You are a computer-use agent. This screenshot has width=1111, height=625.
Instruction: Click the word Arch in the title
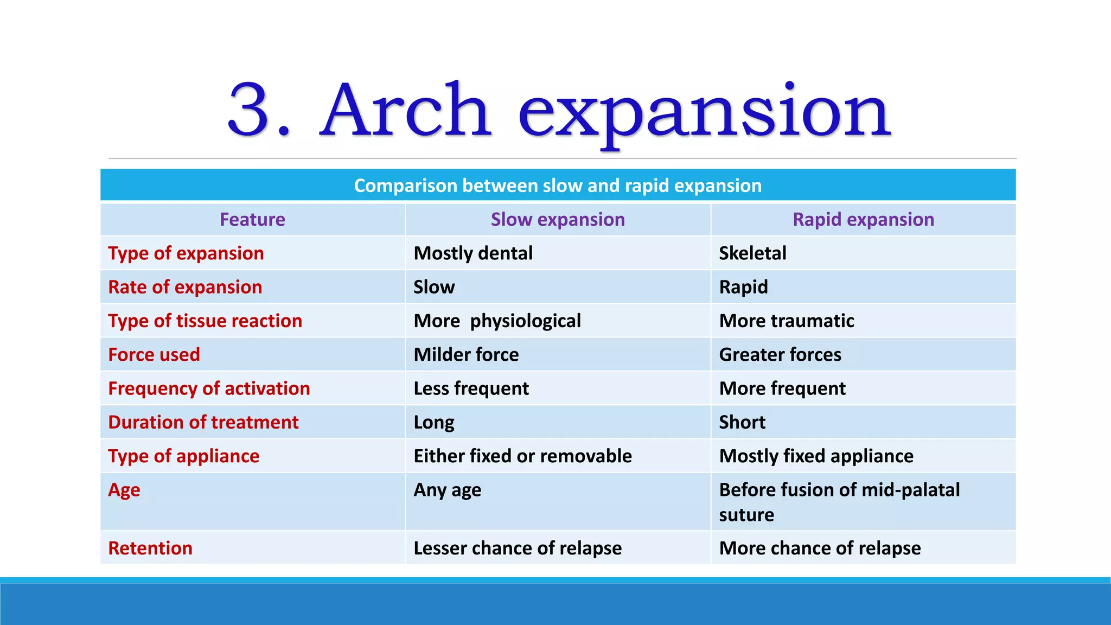(406, 110)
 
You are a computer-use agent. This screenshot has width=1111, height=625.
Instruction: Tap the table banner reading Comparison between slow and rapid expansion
(558, 186)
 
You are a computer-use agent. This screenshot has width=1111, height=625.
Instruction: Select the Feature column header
(252, 220)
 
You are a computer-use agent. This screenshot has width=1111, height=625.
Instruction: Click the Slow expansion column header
(558, 220)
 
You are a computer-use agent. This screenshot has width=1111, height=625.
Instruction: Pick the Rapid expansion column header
(863, 220)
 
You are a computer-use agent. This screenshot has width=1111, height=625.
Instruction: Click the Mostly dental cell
(473, 253)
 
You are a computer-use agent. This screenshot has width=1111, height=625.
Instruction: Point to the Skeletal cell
(752, 253)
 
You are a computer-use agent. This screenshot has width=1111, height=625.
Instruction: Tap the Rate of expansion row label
(185, 287)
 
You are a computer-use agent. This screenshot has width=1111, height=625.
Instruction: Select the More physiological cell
(497, 321)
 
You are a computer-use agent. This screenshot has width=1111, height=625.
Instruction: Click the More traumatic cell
(787, 321)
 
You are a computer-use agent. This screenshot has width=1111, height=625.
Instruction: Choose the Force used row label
(154, 355)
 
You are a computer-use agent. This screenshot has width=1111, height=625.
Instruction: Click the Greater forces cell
(780, 355)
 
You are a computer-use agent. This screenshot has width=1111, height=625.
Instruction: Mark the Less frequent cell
(471, 388)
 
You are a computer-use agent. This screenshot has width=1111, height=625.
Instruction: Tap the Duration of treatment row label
(203, 422)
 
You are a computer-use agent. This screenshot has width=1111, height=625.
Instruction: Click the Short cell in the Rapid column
(742, 422)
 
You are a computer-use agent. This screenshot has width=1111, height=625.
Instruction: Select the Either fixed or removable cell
(522, 456)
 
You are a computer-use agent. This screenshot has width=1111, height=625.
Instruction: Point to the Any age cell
(447, 490)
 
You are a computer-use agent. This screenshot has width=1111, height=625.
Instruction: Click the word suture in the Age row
(746, 515)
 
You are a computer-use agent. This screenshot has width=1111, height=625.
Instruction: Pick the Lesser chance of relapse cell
(518, 549)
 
